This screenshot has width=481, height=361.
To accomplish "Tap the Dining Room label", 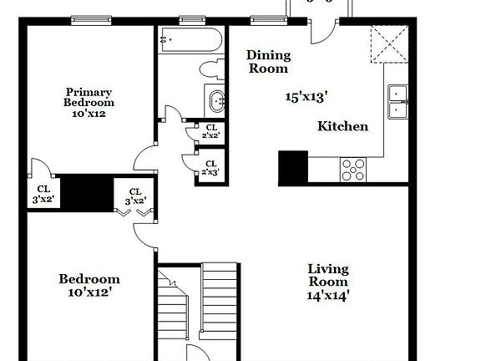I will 268,62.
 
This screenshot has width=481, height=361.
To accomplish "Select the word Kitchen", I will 342,126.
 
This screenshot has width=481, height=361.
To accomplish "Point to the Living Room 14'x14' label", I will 327,282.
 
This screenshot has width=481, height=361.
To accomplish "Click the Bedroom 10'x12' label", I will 89,286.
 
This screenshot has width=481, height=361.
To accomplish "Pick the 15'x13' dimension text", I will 305,96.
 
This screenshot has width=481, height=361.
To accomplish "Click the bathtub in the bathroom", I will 190,38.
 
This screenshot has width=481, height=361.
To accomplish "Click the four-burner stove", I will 354,169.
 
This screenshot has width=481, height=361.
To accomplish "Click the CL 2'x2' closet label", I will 208,130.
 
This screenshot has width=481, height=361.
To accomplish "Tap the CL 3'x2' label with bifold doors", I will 135,196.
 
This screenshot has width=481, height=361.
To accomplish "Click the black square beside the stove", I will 293,167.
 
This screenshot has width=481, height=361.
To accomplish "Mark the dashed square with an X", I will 387,43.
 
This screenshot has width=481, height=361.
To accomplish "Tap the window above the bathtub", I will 193,19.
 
